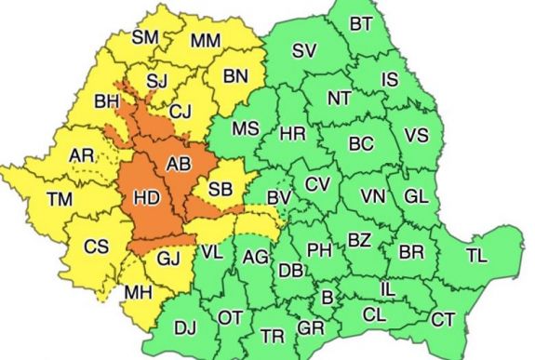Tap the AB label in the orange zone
click(179, 165)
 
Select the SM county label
click(146, 37)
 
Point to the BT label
click(364, 23)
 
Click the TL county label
click(477, 254)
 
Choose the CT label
click(444, 319)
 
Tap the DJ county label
click(186, 327)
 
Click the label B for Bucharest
click(327, 298)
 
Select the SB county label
click(221, 190)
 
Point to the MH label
click(140, 291)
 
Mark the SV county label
click(303, 51)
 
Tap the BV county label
click(279, 198)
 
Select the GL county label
click(416, 197)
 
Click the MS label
click(246, 128)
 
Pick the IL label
click(387, 290)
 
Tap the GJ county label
click(167, 260)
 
